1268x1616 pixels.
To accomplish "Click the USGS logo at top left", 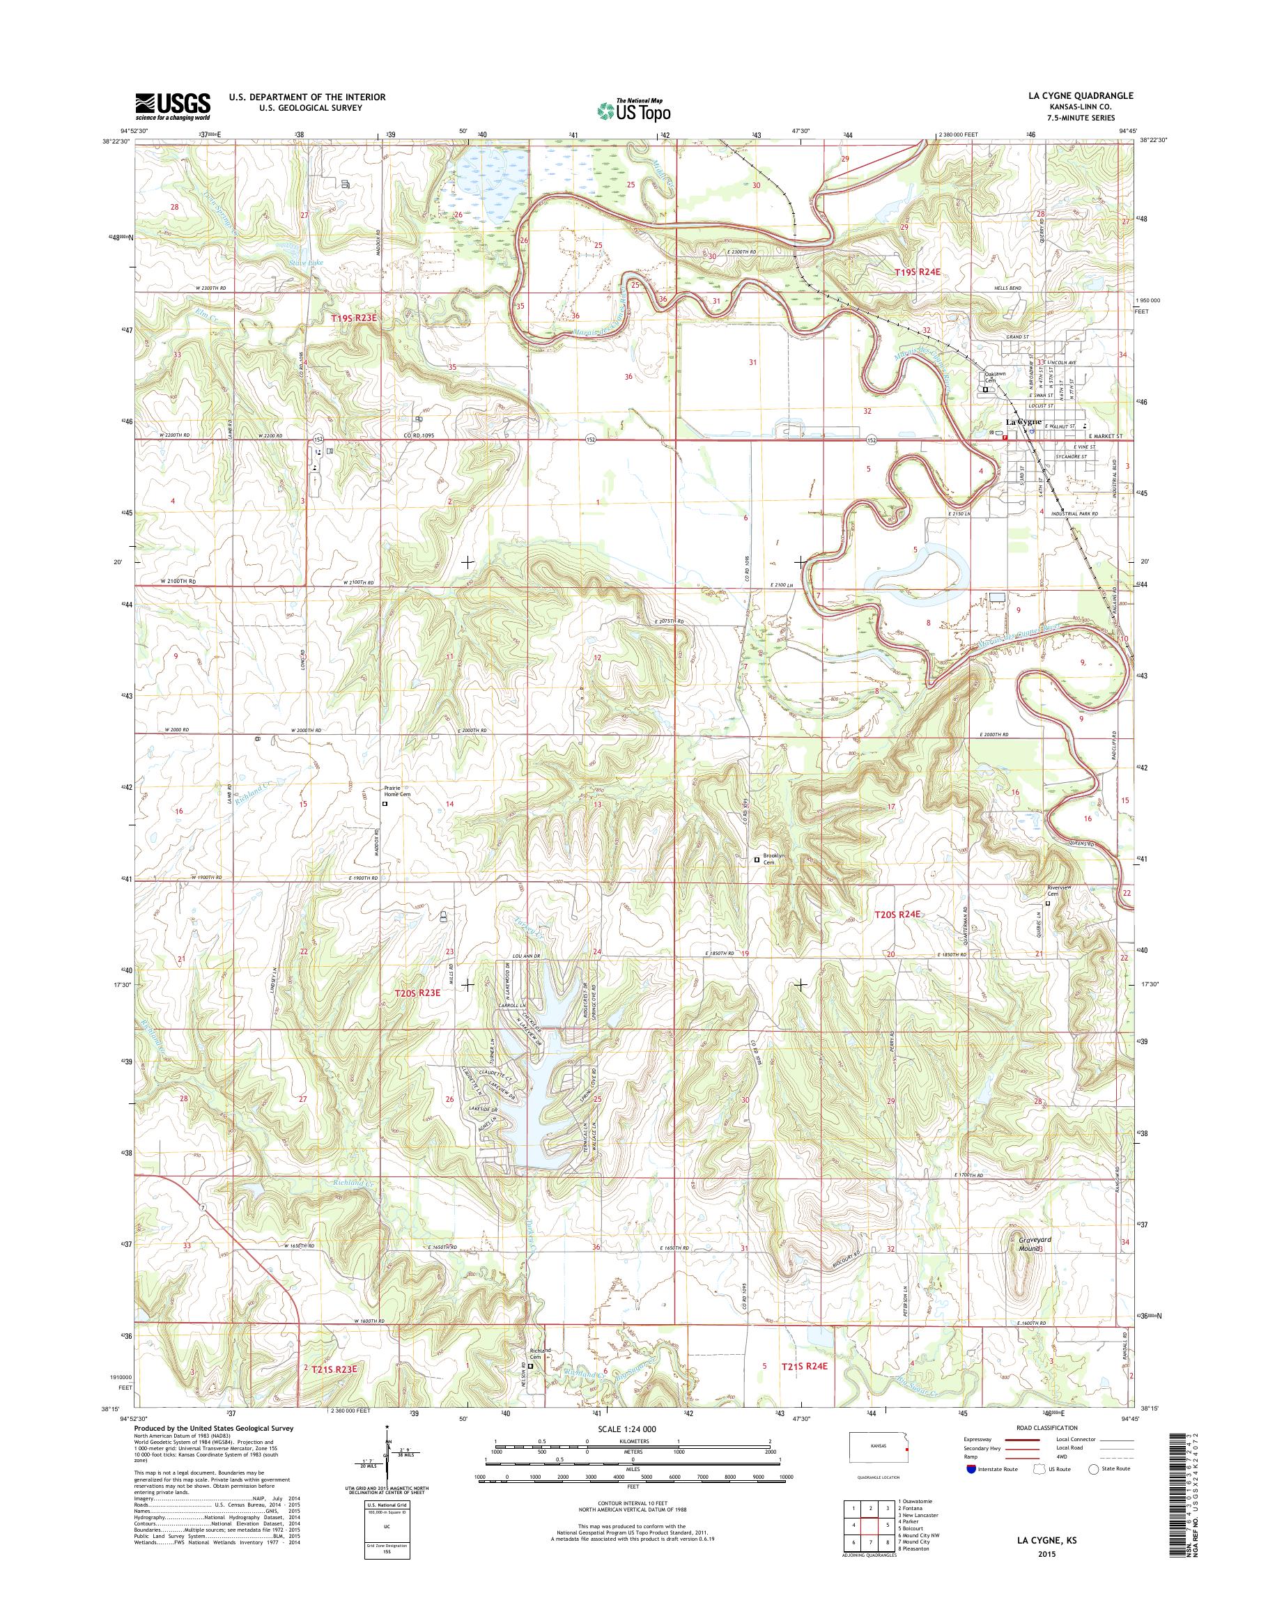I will click(172, 106).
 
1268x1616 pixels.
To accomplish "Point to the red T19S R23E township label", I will click(354, 318).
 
